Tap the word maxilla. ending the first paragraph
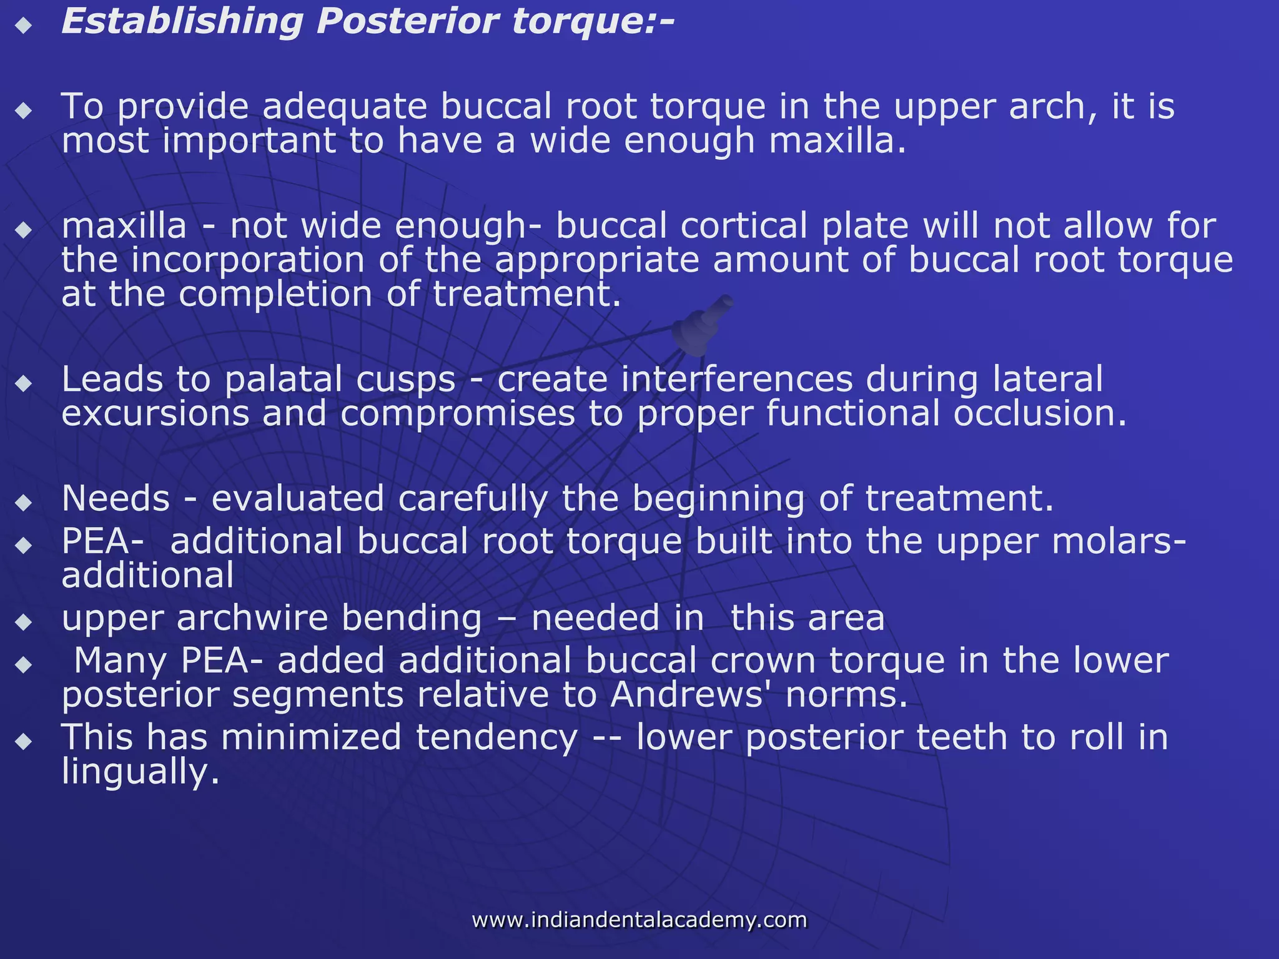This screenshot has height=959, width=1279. pyautogui.click(x=837, y=141)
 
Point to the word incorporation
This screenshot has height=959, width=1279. pyautogui.click(x=247, y=260)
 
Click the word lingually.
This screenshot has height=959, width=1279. pyautogui.click(x=141, y=773)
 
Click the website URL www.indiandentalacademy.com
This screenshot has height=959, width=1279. pyautogui.click(x=639, y=920)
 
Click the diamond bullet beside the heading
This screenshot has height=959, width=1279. pyautogui.click(x=24, y=26)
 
